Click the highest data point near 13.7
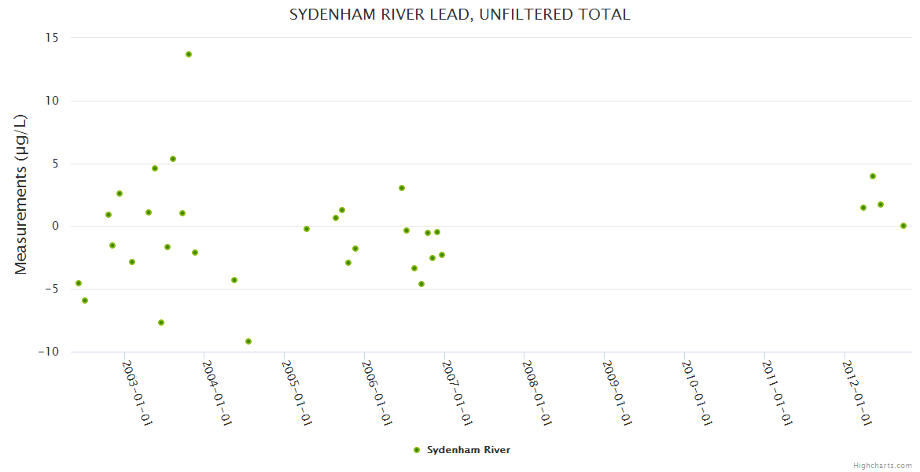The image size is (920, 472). pyautogui.click(x=189, y=54)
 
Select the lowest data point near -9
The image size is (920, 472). pyautogui.click(x=248, y=341)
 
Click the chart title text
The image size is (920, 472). pyautogui.click(x=459, y=15)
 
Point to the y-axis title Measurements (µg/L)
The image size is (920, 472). pyautogui.click(x=21, y=194)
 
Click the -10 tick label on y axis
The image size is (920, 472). pyautogui.click(x=49, y=352)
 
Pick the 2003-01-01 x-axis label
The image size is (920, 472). pyautogui.click(x=137, y=393)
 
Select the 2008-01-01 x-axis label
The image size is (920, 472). pyautogui.click(x=537, y=393)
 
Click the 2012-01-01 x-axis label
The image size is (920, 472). pyautogui.click(x=857, y=393)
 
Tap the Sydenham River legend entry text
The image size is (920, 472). pyautogui.click(x=469, y=450)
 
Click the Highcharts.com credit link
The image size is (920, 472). pyautogui.click(x=882, y=465)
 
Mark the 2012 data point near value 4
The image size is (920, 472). pyautogui.click(x=873, y=176)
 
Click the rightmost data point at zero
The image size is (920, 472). pyautogui.click(x=903, y=226)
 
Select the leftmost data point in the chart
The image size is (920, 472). pyautogui.click(x=79, y=283)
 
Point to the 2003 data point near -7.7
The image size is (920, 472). pyautogui.click(x=161, y=323)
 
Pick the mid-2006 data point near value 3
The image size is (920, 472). pyautogui.click(x=402, y=188)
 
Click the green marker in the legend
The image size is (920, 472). pyautogui.click(x=417, y=450)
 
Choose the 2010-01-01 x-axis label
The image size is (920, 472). pyautogui.click(x=697, y=393)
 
